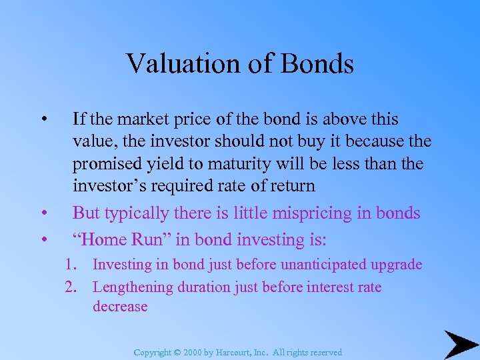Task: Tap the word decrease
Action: (120, 307)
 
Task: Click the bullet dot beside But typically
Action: (43, 214)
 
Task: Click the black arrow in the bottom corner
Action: (460, 344)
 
